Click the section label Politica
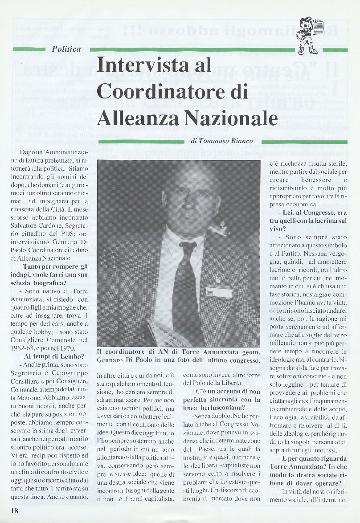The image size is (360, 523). (66, 49)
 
